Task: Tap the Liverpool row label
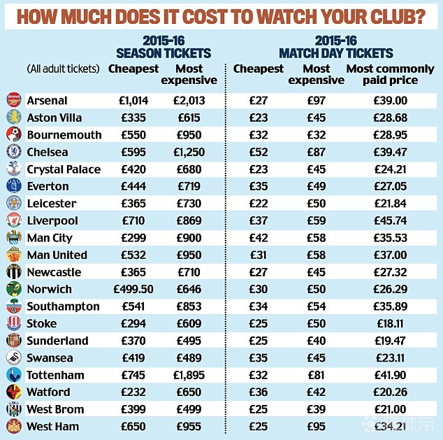pos(52,220)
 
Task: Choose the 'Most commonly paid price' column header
pos(390,74)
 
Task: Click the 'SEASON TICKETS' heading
pos(163,53)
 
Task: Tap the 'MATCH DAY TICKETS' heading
pos(335,53)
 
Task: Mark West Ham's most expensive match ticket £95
pos(317,426)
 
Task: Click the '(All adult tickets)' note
pos(63,69)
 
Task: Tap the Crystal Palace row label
pos(63,169)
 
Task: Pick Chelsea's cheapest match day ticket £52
pos(259,152)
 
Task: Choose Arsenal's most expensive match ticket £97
pos(317,101)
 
